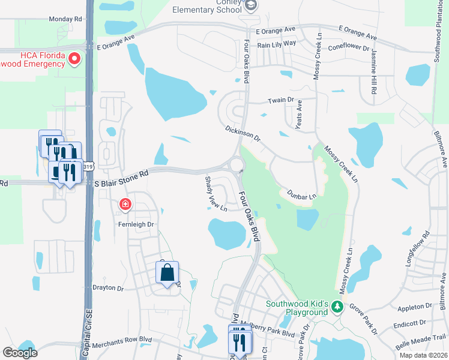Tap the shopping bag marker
167,273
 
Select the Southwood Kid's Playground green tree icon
337,307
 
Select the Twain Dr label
280,101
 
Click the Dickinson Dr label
244,134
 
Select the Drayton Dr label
108,288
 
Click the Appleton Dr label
415,307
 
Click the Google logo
20,353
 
